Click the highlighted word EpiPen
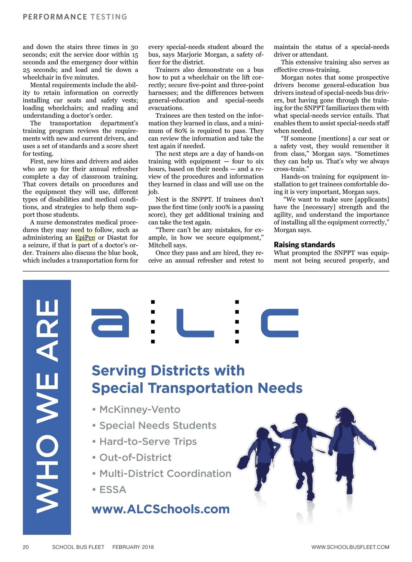tap(85, 237)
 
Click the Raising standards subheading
tap(304, 245)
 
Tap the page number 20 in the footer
tap(26, 547)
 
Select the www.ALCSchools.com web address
tap(161, 509)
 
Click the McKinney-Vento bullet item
tap(139, 409)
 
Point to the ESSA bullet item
tap(113, 490)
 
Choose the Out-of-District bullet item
tap(135, 457)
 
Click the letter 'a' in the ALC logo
tap(110, 323)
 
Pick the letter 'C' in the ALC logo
tap(279, 323)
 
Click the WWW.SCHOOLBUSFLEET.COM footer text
tap(350, 547)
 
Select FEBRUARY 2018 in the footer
tap(133, 547)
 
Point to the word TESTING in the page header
tap(109, 17)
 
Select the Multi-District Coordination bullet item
tap(165, 473)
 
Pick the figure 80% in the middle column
tap(181, 131)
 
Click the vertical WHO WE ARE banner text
tap(47, 407)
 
